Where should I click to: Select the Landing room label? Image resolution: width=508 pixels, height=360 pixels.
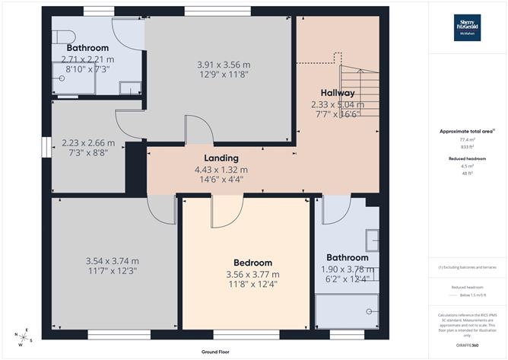pyautogui.click(x=221, y=158)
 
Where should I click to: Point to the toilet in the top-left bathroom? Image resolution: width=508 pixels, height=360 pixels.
pyautogui.click(x=62, y=38)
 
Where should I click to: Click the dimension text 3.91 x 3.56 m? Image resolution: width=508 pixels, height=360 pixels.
pyautogui.click(x=221, y=65)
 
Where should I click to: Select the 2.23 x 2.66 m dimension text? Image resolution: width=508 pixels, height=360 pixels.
pyautogui.click(x=88, y=142)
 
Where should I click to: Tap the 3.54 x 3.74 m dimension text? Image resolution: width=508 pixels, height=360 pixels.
pyautogui.click(x=113, y=260)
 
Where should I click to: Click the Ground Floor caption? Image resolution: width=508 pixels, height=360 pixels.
pyautogui.click(x=217, y=352)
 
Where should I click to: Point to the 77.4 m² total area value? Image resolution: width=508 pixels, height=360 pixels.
pyautogui.click(x=466, y=140)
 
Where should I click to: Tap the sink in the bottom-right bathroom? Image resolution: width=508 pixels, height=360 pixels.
pyautogui.click(x=371, y=241)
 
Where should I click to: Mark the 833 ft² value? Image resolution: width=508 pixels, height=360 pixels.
pyautogui.click(x=466, y=146)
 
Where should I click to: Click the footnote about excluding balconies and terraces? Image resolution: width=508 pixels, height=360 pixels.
pyautogui.click(x=466, y=268)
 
